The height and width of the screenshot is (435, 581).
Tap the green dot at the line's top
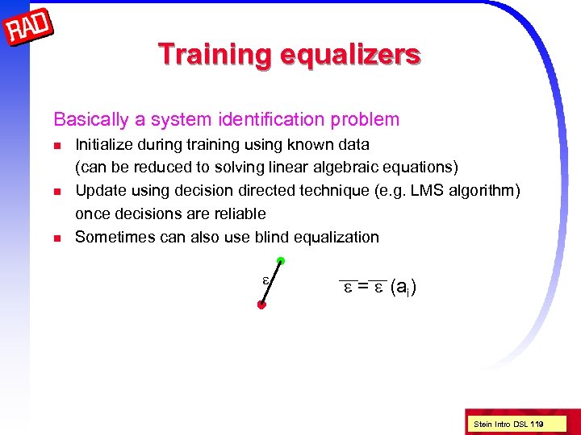pyautogui.click(x=279, y=260)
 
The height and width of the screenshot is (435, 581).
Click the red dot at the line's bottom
pyautogui.click(x=261, y=305)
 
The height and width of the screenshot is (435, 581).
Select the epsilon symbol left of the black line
pyautogui.click(x=265, y=279)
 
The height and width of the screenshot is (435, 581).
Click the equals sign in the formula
pyautogui.click(x=363, y=286)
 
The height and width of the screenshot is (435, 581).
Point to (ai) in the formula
pyautogui.click(x=403, y=287)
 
